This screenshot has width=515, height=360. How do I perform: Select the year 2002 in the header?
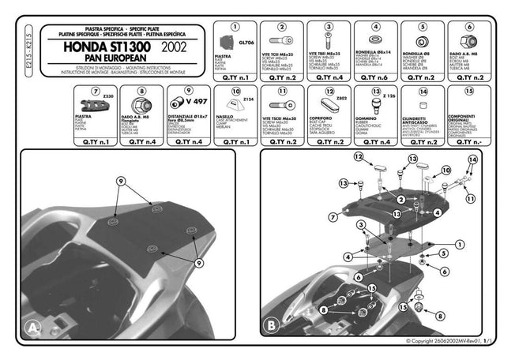click(179, 47)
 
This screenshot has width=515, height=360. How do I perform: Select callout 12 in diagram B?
click(358, 158)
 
